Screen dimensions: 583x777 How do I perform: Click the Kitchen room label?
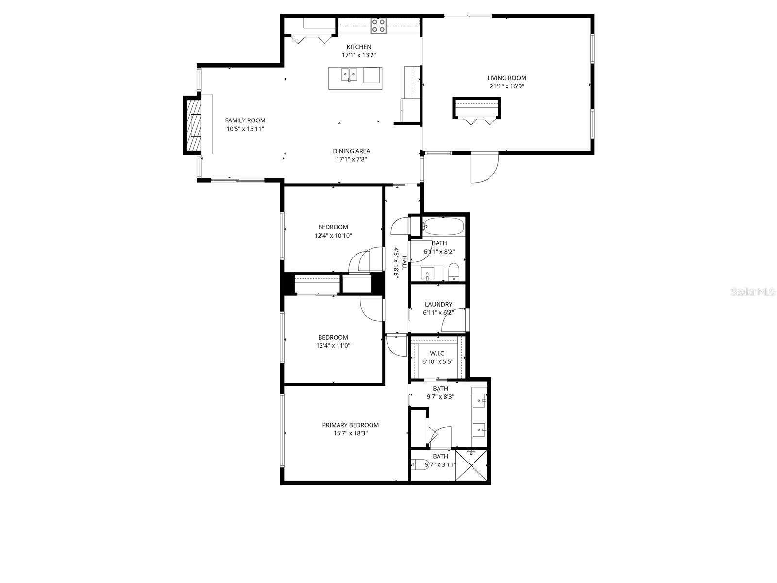coord(359,47)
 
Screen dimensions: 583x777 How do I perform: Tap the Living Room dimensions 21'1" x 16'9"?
coord(507,86)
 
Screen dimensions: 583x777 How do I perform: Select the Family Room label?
coord(245,120)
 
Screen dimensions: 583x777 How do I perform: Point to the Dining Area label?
coord(351,151)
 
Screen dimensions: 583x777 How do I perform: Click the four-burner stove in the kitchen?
coord(378,25)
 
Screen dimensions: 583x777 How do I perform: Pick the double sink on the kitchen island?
coord(349,75)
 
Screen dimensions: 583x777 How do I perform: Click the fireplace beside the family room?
coord(193,125)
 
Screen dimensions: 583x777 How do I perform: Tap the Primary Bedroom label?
coord(350,425)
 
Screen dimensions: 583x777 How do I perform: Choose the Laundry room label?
coord(438,305)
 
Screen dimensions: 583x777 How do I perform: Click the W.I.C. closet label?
coord(438,353)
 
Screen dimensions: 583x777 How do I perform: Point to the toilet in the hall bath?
coord(454,272)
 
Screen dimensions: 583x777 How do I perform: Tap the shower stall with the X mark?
coord(471,465)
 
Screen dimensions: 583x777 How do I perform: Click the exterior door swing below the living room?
coord(485,168)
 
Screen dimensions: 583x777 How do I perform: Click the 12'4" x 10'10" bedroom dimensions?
coord(333,236)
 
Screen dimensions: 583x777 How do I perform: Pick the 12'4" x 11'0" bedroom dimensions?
coord(333,346)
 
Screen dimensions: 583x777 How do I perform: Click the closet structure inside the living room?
coord(476,108)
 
